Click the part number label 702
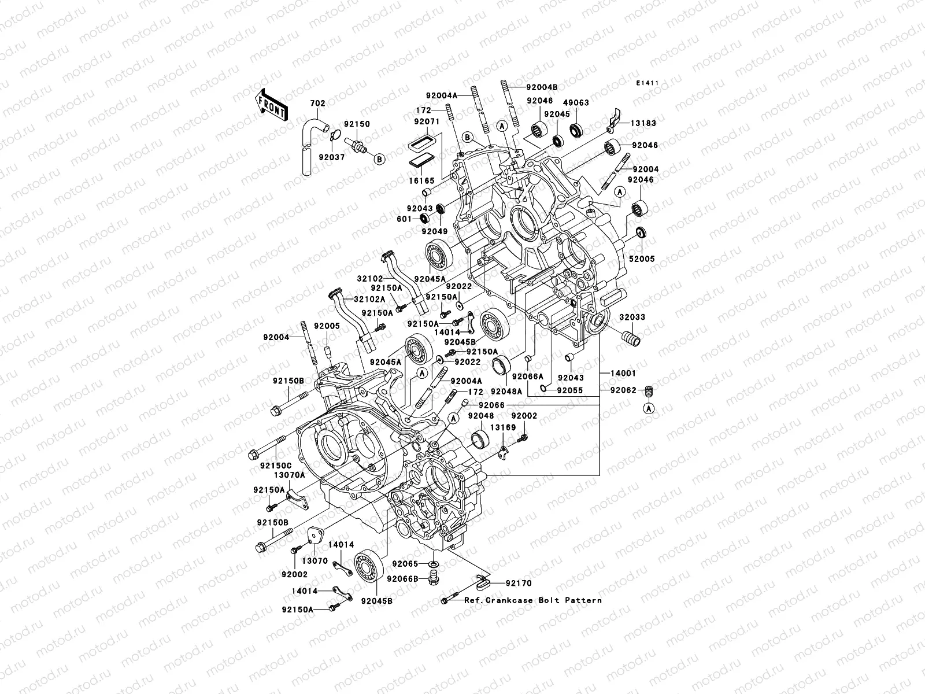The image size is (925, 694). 318,104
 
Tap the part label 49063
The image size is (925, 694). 576,102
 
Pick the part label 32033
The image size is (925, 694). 633,318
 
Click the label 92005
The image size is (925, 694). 327,326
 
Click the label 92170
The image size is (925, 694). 519,584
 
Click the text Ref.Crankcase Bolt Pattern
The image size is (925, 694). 532,600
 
